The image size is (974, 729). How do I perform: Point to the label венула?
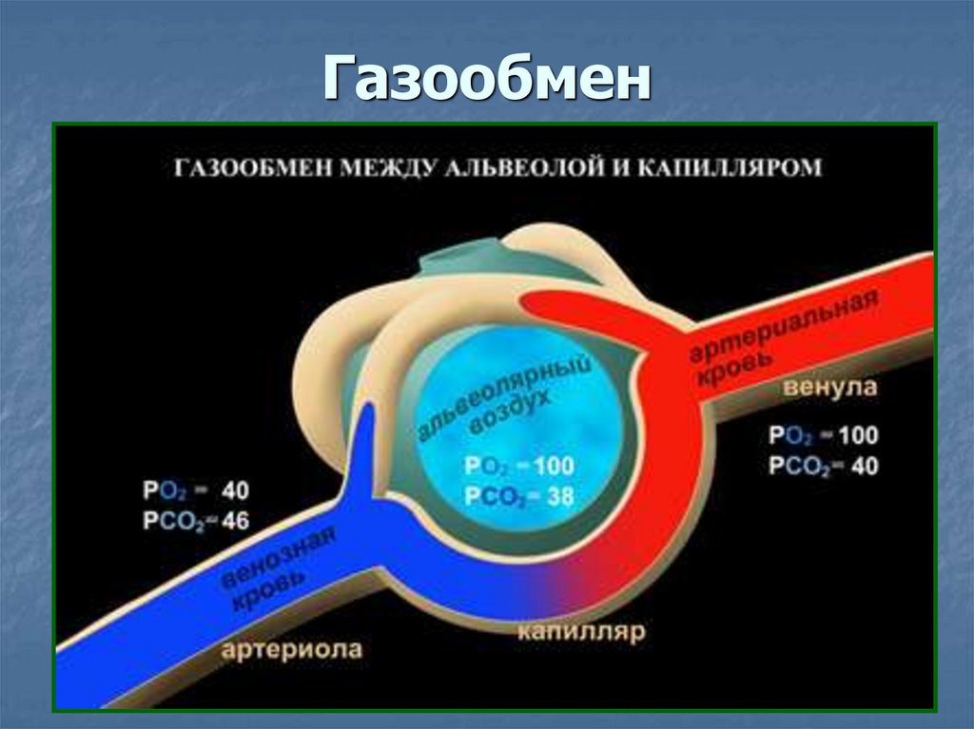click(829, 390)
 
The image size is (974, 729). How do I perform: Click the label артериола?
click(292, 650)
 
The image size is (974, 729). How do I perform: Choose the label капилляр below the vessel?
click(581, 630)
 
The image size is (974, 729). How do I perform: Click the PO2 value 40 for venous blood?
click(234, 492)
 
